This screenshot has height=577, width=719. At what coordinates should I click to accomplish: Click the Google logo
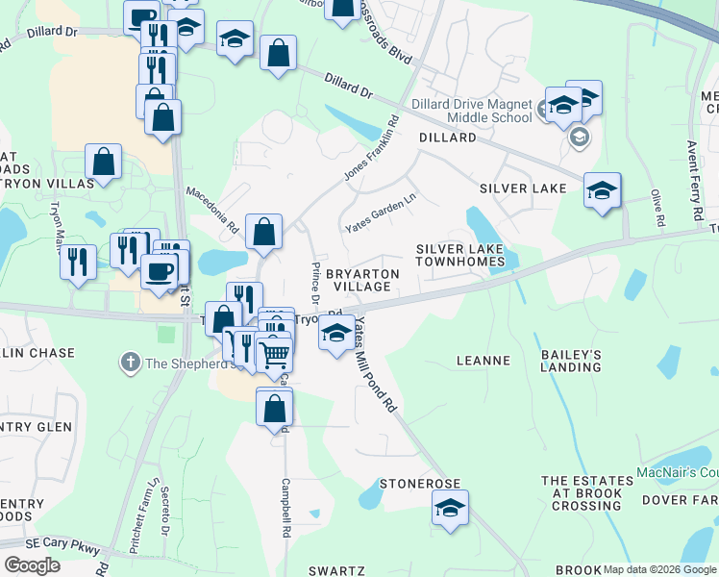point(32,565)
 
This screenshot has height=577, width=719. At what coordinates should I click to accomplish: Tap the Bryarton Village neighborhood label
point(362,280)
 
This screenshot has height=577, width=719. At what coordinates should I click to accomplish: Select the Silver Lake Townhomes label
point(459,255)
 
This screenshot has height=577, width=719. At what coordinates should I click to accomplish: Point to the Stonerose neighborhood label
point(420,483)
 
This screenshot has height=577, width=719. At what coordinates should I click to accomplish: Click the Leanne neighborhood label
point(482,361)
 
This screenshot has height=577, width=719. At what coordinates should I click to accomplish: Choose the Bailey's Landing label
point(571,361)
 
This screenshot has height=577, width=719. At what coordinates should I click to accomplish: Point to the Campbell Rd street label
point(285,507)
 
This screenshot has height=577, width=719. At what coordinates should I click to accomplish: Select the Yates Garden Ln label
point(382,213)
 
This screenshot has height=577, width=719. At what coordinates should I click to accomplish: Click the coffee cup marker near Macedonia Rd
point(160,270)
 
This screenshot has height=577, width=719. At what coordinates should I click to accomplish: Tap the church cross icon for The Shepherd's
point(130,363)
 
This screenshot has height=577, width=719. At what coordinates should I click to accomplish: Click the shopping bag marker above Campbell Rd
point(274,407)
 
